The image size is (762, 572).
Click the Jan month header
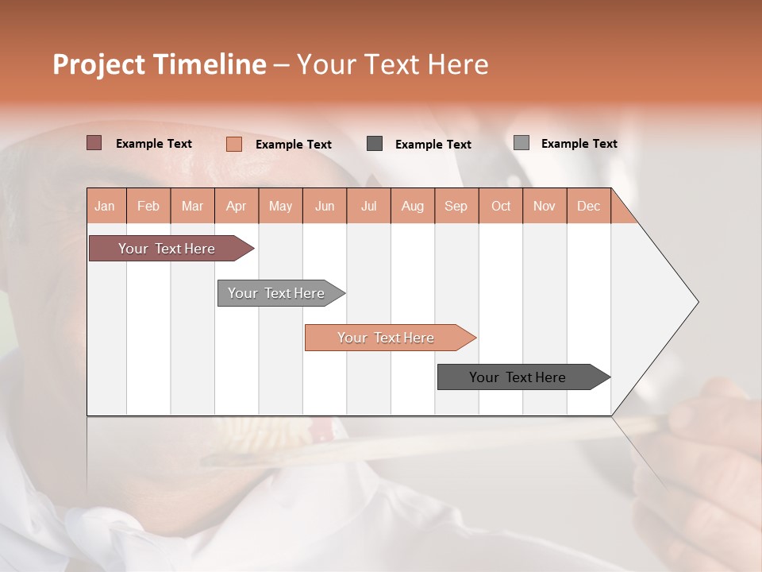tap(106, 206)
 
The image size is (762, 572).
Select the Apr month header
tap(237, 206)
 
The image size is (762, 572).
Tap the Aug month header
tap(412, 206)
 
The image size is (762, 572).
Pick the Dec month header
tap(588, 206)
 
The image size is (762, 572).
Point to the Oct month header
tap(500, 206)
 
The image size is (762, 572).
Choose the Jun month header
tap(325, 206)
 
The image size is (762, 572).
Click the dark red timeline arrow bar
tap(167, 249)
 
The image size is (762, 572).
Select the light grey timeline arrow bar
tap(277, 293)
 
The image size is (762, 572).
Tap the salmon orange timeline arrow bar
tap(387, 338)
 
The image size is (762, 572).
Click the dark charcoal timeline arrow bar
tap(518, 377)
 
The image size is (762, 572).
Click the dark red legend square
tap(94, 143)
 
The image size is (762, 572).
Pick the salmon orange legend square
tap(233, 144)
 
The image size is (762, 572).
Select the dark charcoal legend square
tap(375, 144)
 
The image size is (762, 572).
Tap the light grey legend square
tap(521, 143)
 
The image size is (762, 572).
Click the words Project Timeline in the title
tap(159, 64)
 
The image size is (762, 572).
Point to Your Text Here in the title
tap(392, 64)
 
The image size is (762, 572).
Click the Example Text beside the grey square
tap(579, 144)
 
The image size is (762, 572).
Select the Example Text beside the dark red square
tap(154, 144)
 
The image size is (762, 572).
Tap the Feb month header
tap(148, 206)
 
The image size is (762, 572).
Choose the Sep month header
tap(456, 206)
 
